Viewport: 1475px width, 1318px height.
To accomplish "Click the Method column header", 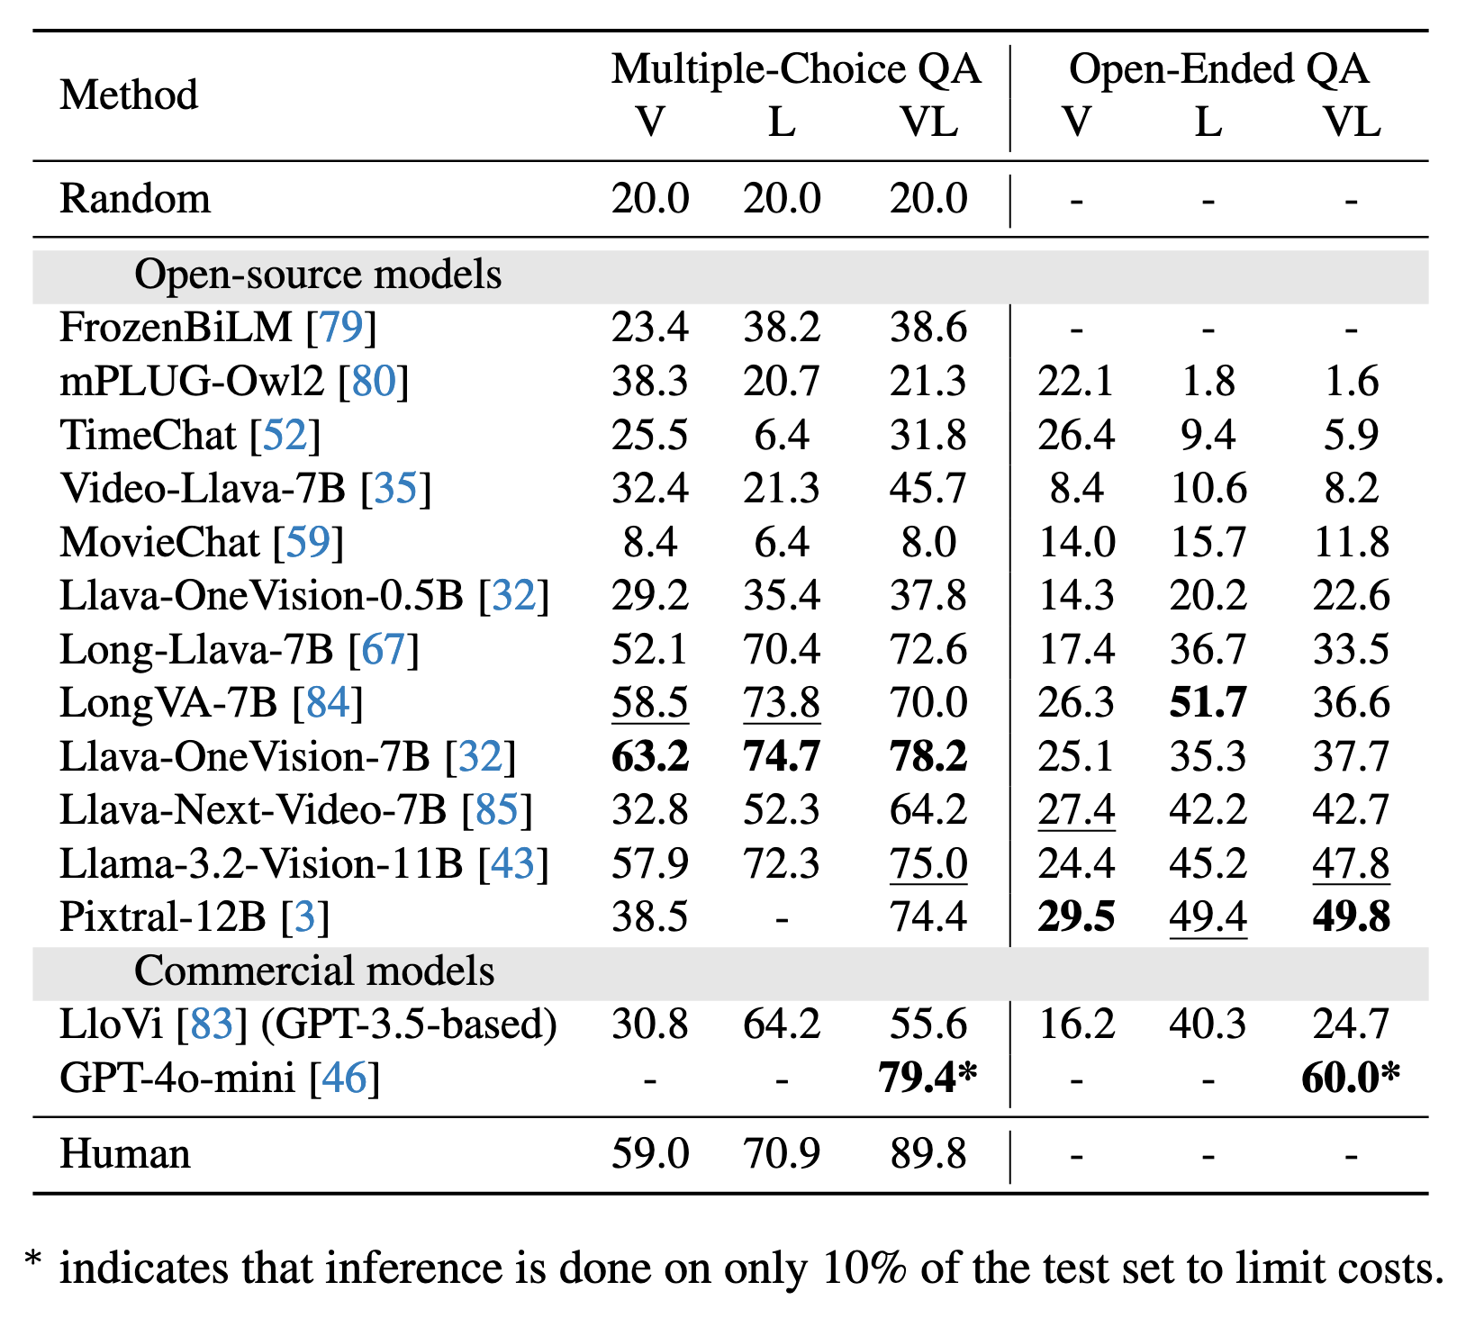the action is pyautogui.click(x=129, y=95).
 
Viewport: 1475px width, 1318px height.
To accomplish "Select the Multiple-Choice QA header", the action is pyautogui.click(x=796, y=69).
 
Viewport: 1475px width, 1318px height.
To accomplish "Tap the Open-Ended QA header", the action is pyautogui.click(x=1218, y=69).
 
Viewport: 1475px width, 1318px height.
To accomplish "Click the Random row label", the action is pyautogui.click(x=135, y=199).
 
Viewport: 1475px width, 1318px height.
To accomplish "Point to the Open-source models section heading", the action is pyautogui.click(x=318, y=275).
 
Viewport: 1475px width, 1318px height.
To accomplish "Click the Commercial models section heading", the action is pyautogui.click(x=314, y=971).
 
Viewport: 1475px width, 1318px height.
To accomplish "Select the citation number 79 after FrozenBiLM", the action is pyautogui.click(x=340, y=328).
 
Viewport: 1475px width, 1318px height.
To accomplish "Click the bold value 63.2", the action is pyautogui.click(x=650, y=756).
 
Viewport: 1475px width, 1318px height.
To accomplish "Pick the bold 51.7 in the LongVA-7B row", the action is pyautogui.click(x=1208, y=703).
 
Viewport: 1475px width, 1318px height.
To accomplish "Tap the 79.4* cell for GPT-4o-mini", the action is pyautogui.click(x=928, y=1078).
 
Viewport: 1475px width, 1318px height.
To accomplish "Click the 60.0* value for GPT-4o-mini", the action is pyautogui.click(x=1351, y=1078).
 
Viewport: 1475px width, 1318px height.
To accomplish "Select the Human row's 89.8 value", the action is pyautogui.click(x=928, y=1154).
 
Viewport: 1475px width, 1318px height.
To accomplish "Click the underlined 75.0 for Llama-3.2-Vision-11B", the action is pyautogui.click(x=928, y=864).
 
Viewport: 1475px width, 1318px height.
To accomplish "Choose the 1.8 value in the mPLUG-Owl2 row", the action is pyautogui.click(x=1208, y=382).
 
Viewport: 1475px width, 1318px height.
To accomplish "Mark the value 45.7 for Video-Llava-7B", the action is pyautogui.click(x=928, y=489).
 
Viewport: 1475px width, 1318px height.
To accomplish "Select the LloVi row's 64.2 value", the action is pyautogui.click(x=782, y=1025).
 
